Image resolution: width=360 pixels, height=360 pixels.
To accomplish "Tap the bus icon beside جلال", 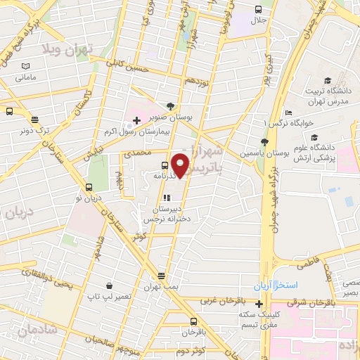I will [x=258, y=10].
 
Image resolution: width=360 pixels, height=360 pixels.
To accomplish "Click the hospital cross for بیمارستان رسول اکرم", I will [x=136, y=121].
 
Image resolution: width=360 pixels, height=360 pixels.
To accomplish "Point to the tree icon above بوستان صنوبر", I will [x=169, y=106].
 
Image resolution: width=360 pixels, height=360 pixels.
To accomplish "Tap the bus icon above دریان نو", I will [x=89, y=188].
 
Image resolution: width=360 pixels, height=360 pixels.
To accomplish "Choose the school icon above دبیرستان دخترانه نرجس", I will [x=167, y=198].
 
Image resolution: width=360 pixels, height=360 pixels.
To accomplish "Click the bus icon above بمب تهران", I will [x=162, y=276].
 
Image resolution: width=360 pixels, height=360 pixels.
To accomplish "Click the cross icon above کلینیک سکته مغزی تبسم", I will [x=259, y=304].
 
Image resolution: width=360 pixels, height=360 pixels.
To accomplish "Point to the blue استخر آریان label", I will [x=277, y=287].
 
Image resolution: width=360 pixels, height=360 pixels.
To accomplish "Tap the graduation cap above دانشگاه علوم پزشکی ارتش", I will [x=314, y=137].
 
